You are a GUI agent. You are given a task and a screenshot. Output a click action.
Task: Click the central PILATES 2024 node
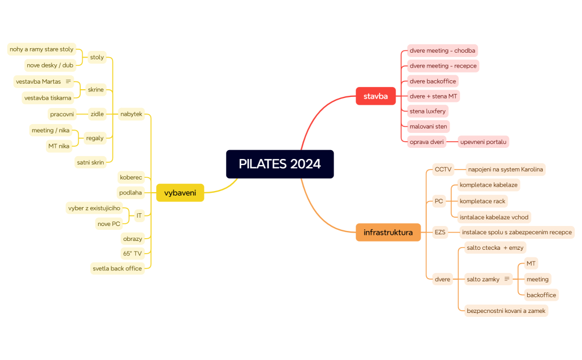279,164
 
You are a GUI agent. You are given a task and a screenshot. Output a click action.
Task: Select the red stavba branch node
375,96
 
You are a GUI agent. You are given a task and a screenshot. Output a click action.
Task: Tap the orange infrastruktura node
388,232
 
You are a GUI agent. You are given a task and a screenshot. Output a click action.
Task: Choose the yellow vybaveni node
180,193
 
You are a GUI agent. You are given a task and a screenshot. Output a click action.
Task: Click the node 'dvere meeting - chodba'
442,50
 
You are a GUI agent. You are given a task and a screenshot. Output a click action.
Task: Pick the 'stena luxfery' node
427,111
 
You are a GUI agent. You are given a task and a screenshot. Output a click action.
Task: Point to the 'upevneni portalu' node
483,141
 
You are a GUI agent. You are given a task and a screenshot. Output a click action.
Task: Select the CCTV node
443,169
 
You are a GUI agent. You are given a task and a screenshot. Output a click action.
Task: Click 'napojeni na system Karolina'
505,169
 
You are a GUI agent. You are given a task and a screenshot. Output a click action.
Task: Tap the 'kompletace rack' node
482,201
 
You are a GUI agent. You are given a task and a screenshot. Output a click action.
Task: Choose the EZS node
440,232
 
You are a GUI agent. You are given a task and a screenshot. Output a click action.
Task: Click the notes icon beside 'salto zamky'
506,279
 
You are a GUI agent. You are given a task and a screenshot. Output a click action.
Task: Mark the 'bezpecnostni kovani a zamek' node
506,311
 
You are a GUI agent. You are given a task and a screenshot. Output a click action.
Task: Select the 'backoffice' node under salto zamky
541,295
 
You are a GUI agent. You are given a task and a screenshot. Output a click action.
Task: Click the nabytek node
131,114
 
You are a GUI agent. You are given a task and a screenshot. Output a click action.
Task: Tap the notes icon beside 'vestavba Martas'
68,81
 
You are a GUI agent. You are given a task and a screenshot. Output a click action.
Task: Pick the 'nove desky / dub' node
50,65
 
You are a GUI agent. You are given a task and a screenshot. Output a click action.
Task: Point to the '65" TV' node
132,253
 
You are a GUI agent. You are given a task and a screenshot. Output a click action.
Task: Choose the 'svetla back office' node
118,268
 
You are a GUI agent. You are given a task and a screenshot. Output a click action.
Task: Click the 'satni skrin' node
90,162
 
